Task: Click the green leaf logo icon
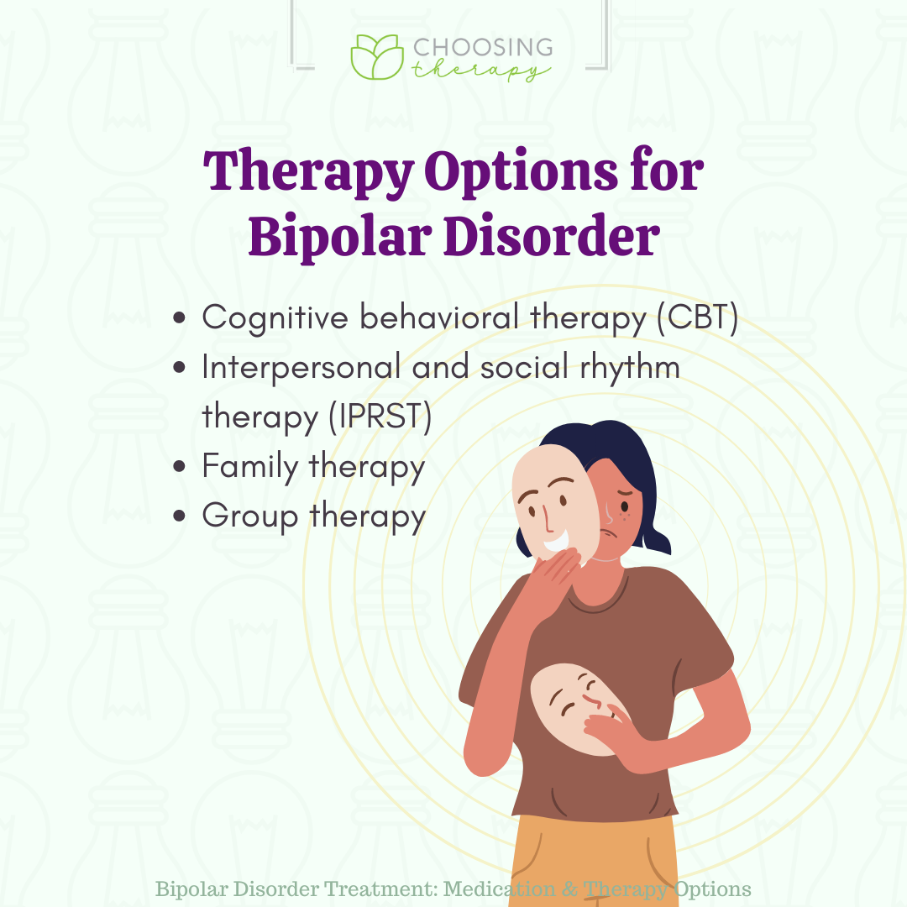[377, 57]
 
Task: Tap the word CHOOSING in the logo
[483, 47]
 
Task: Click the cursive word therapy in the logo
[480, 70]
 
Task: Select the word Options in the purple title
[522, 171]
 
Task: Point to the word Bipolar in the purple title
[340, 237]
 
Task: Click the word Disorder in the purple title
[552, 235]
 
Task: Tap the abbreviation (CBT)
[698, 317]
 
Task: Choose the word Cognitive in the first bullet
[275, 317]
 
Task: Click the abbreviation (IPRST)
[380, 416]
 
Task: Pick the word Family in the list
[250, 466]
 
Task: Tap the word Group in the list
[250, 516]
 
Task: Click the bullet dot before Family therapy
[180, 465]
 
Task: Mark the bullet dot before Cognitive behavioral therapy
[180, 317]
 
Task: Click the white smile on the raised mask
[557, 542]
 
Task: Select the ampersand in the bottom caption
[569, 889]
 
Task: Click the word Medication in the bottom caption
[499, 889]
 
